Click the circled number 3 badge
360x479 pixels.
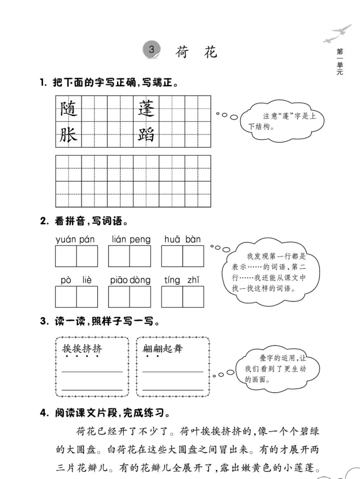pyautogui.click(x=152, y=50)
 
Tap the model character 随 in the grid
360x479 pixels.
pyautogui.click(x=69, y=109)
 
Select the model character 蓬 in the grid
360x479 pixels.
pyautogui.click(x=146, y=109)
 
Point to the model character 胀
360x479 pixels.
pyautogui.click(x=69, y=135)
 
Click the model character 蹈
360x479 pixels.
pyautogui.click(x=146, y=135)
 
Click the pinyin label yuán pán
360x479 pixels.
pyautogui.click(x=75, y=239)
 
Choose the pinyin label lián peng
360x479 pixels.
pyautogui.click(x=131, y=239)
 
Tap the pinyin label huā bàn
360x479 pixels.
pyautogui.click(x=182, y=239)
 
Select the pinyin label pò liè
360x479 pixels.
pyautogui.click(x=76, y=280)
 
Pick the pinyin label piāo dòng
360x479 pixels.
pyautogui.click(x=130, y=280)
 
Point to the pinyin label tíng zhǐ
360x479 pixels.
pyautogui.click(x=182, y=280)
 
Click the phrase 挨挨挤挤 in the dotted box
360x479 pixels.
pyautogui.click(x=82, y=349)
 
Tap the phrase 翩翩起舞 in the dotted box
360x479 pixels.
pyautogui.click(x=163, y=349)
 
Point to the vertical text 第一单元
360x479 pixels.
pyautogui.click(x=340, y=62)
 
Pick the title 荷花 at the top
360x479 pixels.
pyautogui.click(x=196, y=52)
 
